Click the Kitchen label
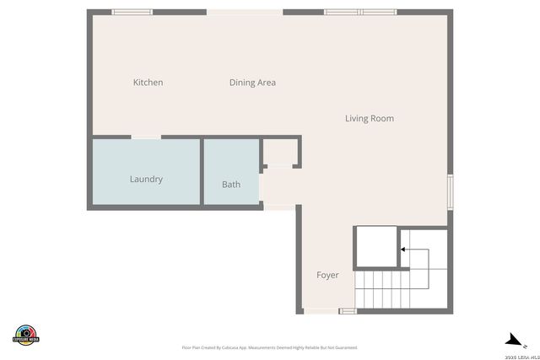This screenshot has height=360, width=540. coord(148,83)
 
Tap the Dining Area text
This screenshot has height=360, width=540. coord(252,83)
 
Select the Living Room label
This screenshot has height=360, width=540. coord(369,119)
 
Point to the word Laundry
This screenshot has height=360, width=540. coord(146,180)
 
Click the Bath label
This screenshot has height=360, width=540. coord(231,185)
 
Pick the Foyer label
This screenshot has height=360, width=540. coord(327,276)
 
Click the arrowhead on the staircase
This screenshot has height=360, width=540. coord(403,250)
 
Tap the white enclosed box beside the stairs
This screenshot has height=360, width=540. coord(375,247)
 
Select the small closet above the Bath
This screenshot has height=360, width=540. coord(278,153)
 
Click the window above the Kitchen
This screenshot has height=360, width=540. coord(132,12)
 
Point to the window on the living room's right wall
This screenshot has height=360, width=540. coord(450,191)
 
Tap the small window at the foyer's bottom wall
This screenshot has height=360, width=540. coord(348,311)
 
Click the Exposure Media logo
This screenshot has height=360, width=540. coord(26,334)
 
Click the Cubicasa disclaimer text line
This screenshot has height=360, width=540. coord(269,347)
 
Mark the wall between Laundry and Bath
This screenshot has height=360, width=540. coord(201,172)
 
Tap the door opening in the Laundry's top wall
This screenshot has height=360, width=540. coord(146,137)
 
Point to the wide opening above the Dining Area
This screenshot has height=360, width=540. coord(244,12)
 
